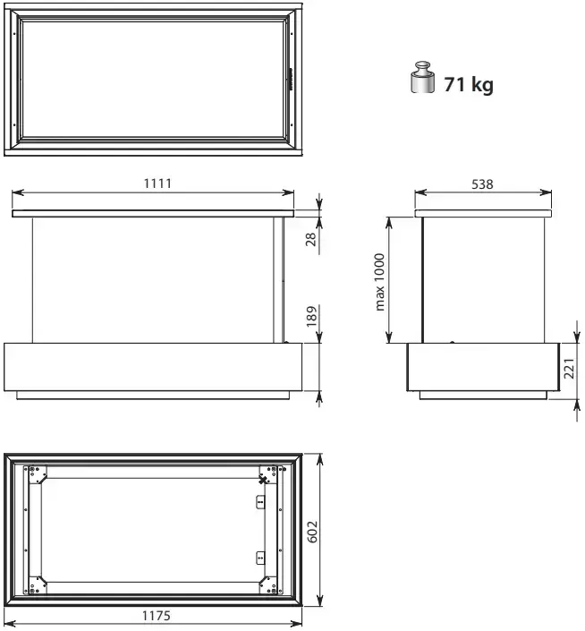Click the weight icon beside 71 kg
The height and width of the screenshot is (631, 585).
pos(422,77)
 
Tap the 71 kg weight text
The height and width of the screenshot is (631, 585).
pos(469,84)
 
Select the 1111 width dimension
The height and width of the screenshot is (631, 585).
pos(157,183)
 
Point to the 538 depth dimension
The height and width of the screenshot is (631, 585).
pos(482,184)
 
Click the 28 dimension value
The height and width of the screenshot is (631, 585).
pos(311,240)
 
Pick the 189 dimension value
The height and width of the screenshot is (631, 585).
pos(311,316)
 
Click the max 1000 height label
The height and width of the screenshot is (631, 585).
pos(379,282)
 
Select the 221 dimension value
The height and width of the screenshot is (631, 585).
pos(569,368)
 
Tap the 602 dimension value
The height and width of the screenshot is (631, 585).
pos(312,532)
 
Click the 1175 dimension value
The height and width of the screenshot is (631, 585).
pos(156,616)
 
